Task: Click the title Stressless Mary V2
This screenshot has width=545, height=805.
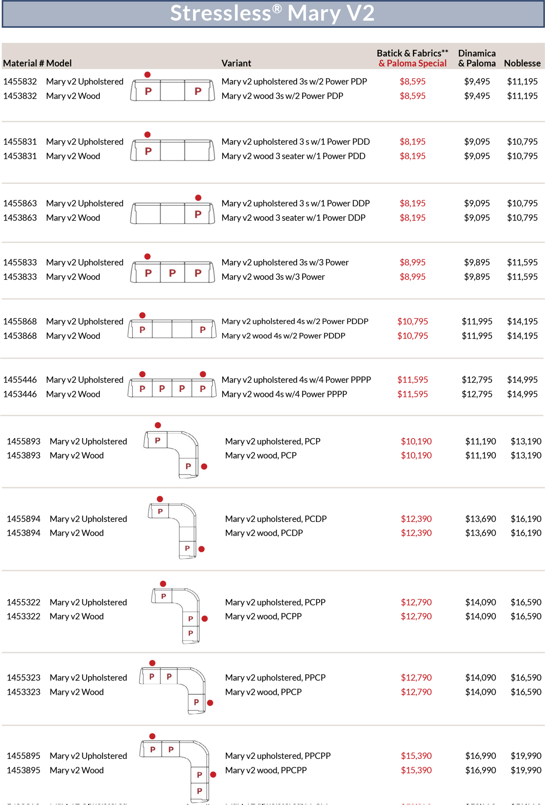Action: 272,13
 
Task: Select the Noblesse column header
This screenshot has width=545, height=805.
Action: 522,63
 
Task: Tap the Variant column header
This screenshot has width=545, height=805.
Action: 236,63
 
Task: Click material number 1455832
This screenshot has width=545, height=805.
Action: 20,81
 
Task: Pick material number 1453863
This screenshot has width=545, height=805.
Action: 20,218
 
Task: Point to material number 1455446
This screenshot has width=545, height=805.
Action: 20,380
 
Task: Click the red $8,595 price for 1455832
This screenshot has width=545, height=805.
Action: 412,81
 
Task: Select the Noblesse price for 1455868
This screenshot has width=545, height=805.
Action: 522,321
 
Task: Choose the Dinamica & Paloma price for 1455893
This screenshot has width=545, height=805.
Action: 480,441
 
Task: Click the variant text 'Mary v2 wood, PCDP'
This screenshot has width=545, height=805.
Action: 264,533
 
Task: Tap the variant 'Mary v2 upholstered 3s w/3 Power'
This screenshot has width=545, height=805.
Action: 285,262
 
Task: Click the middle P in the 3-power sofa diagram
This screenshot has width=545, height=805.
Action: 172,273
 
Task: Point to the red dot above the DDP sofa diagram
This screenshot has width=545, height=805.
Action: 198,198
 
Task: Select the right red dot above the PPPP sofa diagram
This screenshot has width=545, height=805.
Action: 203,374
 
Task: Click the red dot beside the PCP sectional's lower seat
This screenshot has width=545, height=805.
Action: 204,466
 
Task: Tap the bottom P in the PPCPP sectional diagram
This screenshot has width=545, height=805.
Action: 199,791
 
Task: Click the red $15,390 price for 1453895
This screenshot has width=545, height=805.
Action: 416,770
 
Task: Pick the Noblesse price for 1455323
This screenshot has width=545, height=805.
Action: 526,677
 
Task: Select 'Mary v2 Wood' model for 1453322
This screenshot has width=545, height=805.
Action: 77,616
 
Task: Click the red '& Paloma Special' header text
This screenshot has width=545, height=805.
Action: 412,63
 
